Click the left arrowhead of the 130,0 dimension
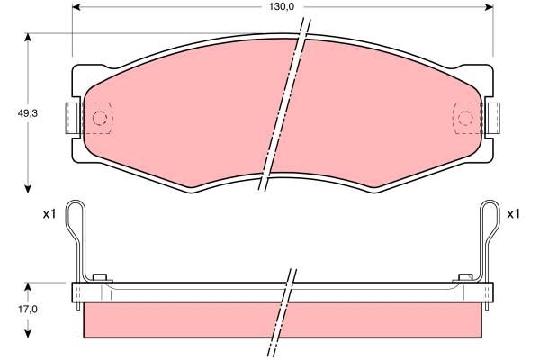[x=76, y=7]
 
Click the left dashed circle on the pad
[x=100, y=118]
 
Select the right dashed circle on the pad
[x=465, y=118]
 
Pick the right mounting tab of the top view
[x=493, y=119]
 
